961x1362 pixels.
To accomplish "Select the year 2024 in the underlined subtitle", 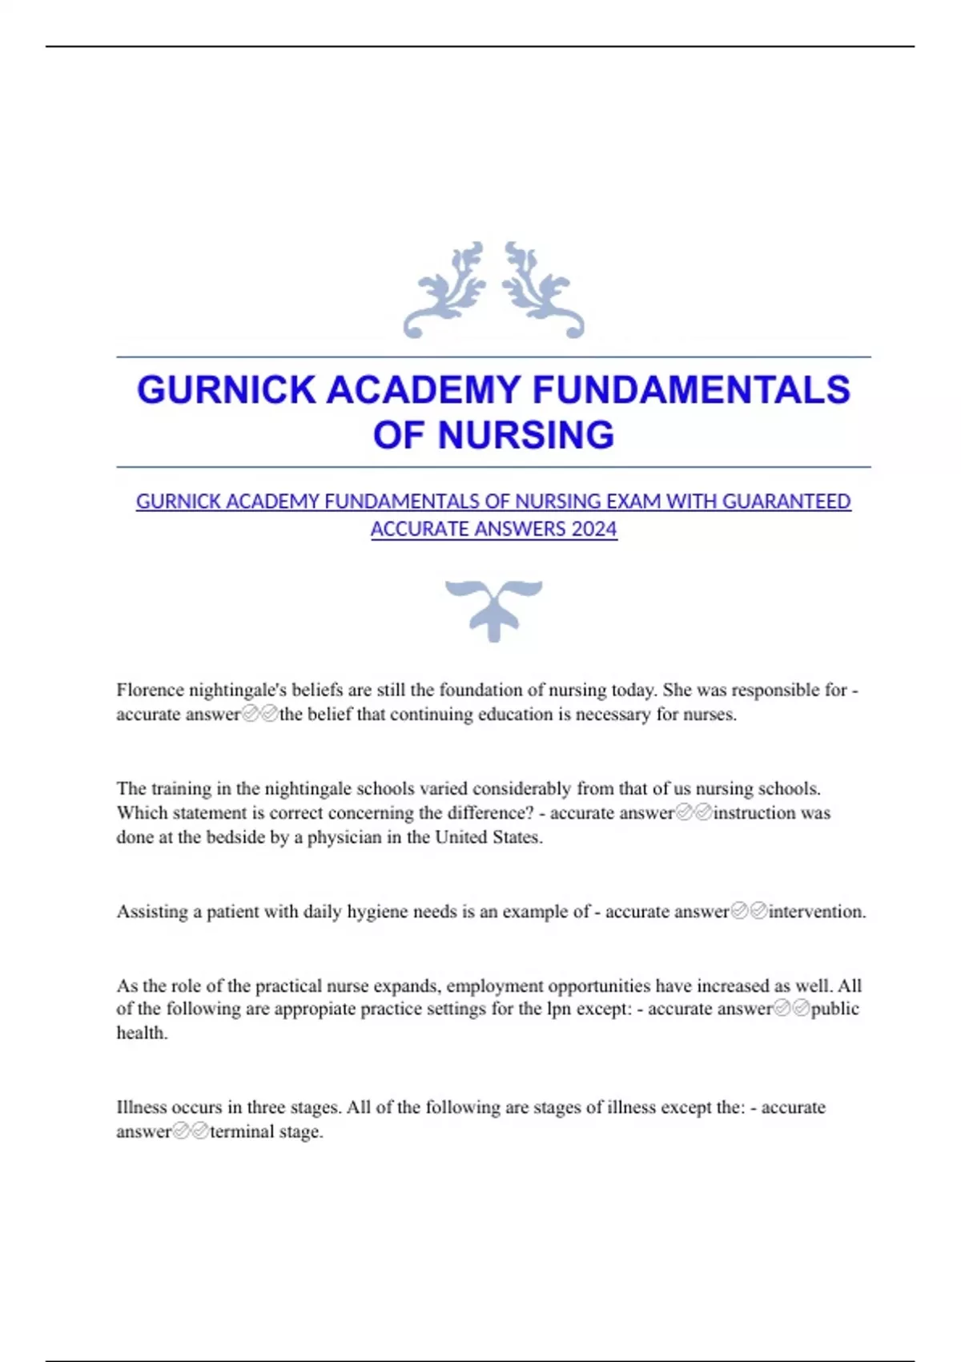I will pyautogui.click(x=594, y=529).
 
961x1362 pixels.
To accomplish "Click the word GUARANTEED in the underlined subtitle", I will pyautogui.click(x=786, y=502).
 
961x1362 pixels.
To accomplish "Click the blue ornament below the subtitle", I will pyautogui.click(x=493, y=610).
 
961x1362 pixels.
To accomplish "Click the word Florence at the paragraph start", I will pyautogui.click(x=150, y=690).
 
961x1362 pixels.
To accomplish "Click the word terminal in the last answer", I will pyautogui.click(x=241, y=1132).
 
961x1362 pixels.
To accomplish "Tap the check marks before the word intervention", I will pyautogui.click(x=749, y=911).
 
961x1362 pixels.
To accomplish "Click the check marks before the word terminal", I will pyautogui.click(x=191, y=1131).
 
